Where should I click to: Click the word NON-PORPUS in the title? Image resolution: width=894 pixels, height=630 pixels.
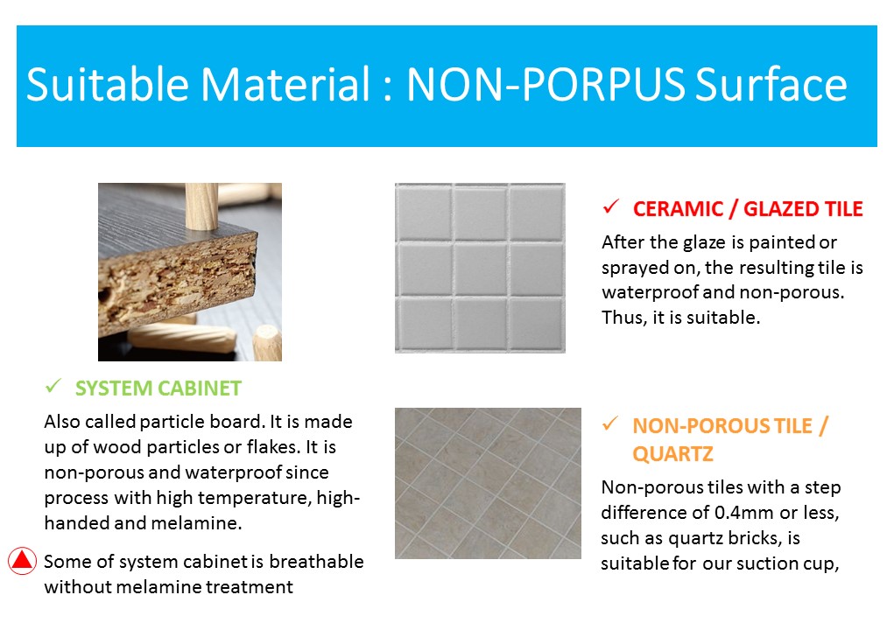(545, 84)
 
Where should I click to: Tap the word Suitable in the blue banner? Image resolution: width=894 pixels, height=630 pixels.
(107, 84)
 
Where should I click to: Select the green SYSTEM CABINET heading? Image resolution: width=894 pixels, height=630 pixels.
(158, 388)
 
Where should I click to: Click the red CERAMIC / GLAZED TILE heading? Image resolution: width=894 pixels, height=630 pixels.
(748, 209)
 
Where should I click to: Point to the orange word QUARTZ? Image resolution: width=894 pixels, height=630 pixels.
(672, 454)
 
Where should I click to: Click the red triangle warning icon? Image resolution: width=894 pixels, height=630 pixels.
(22, 561)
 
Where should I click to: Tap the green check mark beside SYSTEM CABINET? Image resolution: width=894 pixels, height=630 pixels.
(53, 386)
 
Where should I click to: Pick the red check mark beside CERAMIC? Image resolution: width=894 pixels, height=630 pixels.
(610, 206)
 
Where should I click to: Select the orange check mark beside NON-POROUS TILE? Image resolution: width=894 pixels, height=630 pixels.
(610, 423)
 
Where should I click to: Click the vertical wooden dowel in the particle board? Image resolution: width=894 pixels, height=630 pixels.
(201, 206)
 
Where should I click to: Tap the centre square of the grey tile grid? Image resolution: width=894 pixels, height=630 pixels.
(481, 268)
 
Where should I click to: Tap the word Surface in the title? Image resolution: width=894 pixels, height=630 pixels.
(771, 84)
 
